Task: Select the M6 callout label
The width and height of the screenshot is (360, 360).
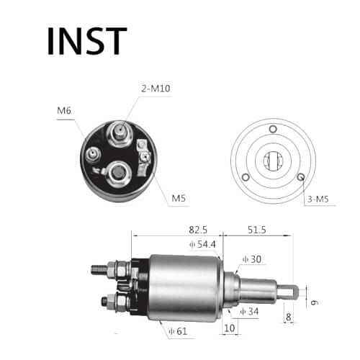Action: click(65, 112)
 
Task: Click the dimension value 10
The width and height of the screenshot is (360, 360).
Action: click(229, 328)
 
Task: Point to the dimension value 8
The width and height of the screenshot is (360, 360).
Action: click(288, 315)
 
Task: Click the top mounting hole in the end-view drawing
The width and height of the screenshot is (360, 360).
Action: click(272, 130)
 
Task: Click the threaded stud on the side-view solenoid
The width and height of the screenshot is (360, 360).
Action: click(103, 270)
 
